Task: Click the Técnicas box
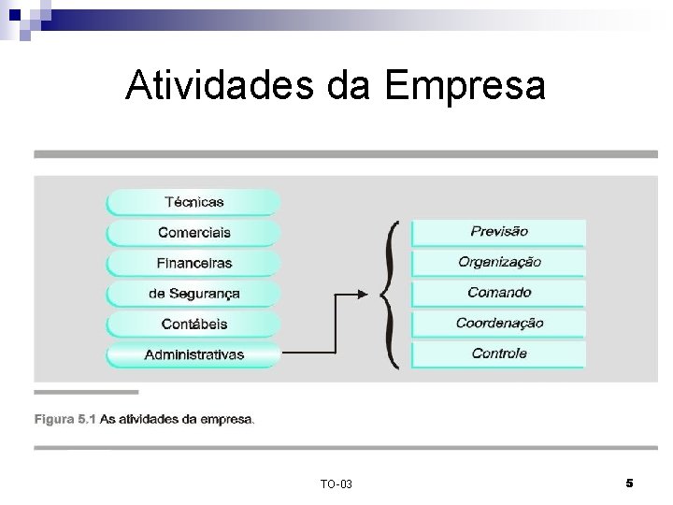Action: coord(193,201)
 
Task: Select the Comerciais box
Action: coord(193,232)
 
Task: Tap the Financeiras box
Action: coord(193,263)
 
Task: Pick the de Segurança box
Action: coord(193,294)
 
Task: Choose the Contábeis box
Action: coord(193,324)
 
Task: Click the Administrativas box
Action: coord(193,354)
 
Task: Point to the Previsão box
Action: coord(498,231)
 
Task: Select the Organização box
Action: coord(498,262)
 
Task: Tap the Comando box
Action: coord(498,293)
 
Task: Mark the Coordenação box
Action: coord(498,324)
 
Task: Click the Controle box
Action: coord(498,353)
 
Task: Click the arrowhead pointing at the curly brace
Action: coord(366,293)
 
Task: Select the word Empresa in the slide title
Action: coord(465,86)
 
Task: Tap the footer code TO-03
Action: coord(336,483)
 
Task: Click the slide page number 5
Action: coord(629,483)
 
